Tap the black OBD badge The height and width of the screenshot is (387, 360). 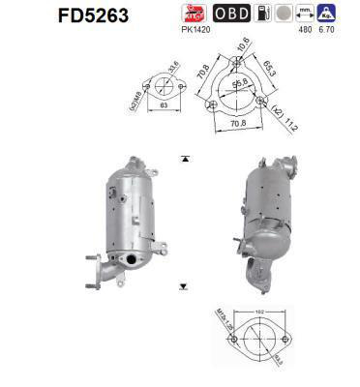click(230, 13)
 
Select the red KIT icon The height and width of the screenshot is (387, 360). click(192, 13)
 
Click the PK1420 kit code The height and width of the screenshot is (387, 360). click(194, 28)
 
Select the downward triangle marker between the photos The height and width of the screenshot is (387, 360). click(182, 287)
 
